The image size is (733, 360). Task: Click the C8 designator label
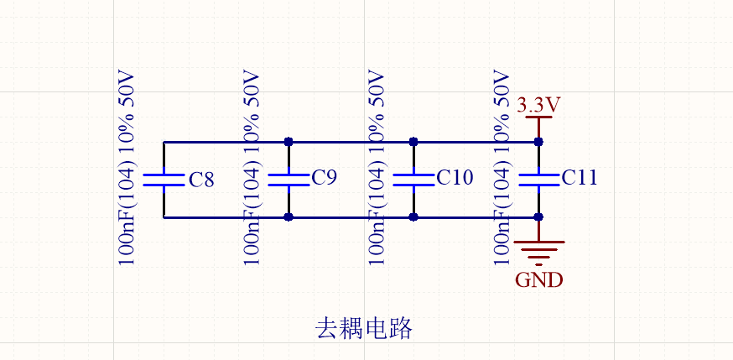click(x=201, y=180)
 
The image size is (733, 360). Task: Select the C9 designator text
click(x=324, y=177)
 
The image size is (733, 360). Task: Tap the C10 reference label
click(x=455, y=177)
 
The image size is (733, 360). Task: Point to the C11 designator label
click(x=580, y=177)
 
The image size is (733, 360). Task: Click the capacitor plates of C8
click(x=164, y=179)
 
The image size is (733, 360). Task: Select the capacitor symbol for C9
click(x=289, y=179)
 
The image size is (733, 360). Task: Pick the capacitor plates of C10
click(x=413, y=179)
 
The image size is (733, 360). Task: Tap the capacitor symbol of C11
click(x=538, y=179)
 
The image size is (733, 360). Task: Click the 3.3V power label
click(x=538, y=106)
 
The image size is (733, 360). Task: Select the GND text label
click(x=538, y=280)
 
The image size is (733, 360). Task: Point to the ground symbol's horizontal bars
click(x=538, y=251)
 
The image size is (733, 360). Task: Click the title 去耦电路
click(x=363, y=328)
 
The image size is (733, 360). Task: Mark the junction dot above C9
click(x=289, y=142)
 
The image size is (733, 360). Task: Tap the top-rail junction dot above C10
click(x=413, y=142)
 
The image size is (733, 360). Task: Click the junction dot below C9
click(x=289, y=217)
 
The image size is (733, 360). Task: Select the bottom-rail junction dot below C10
click(x=413, y=217)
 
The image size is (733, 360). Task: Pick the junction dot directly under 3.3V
click(x=538, y=142)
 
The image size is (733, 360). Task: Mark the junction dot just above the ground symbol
click(x=538, y=217)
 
